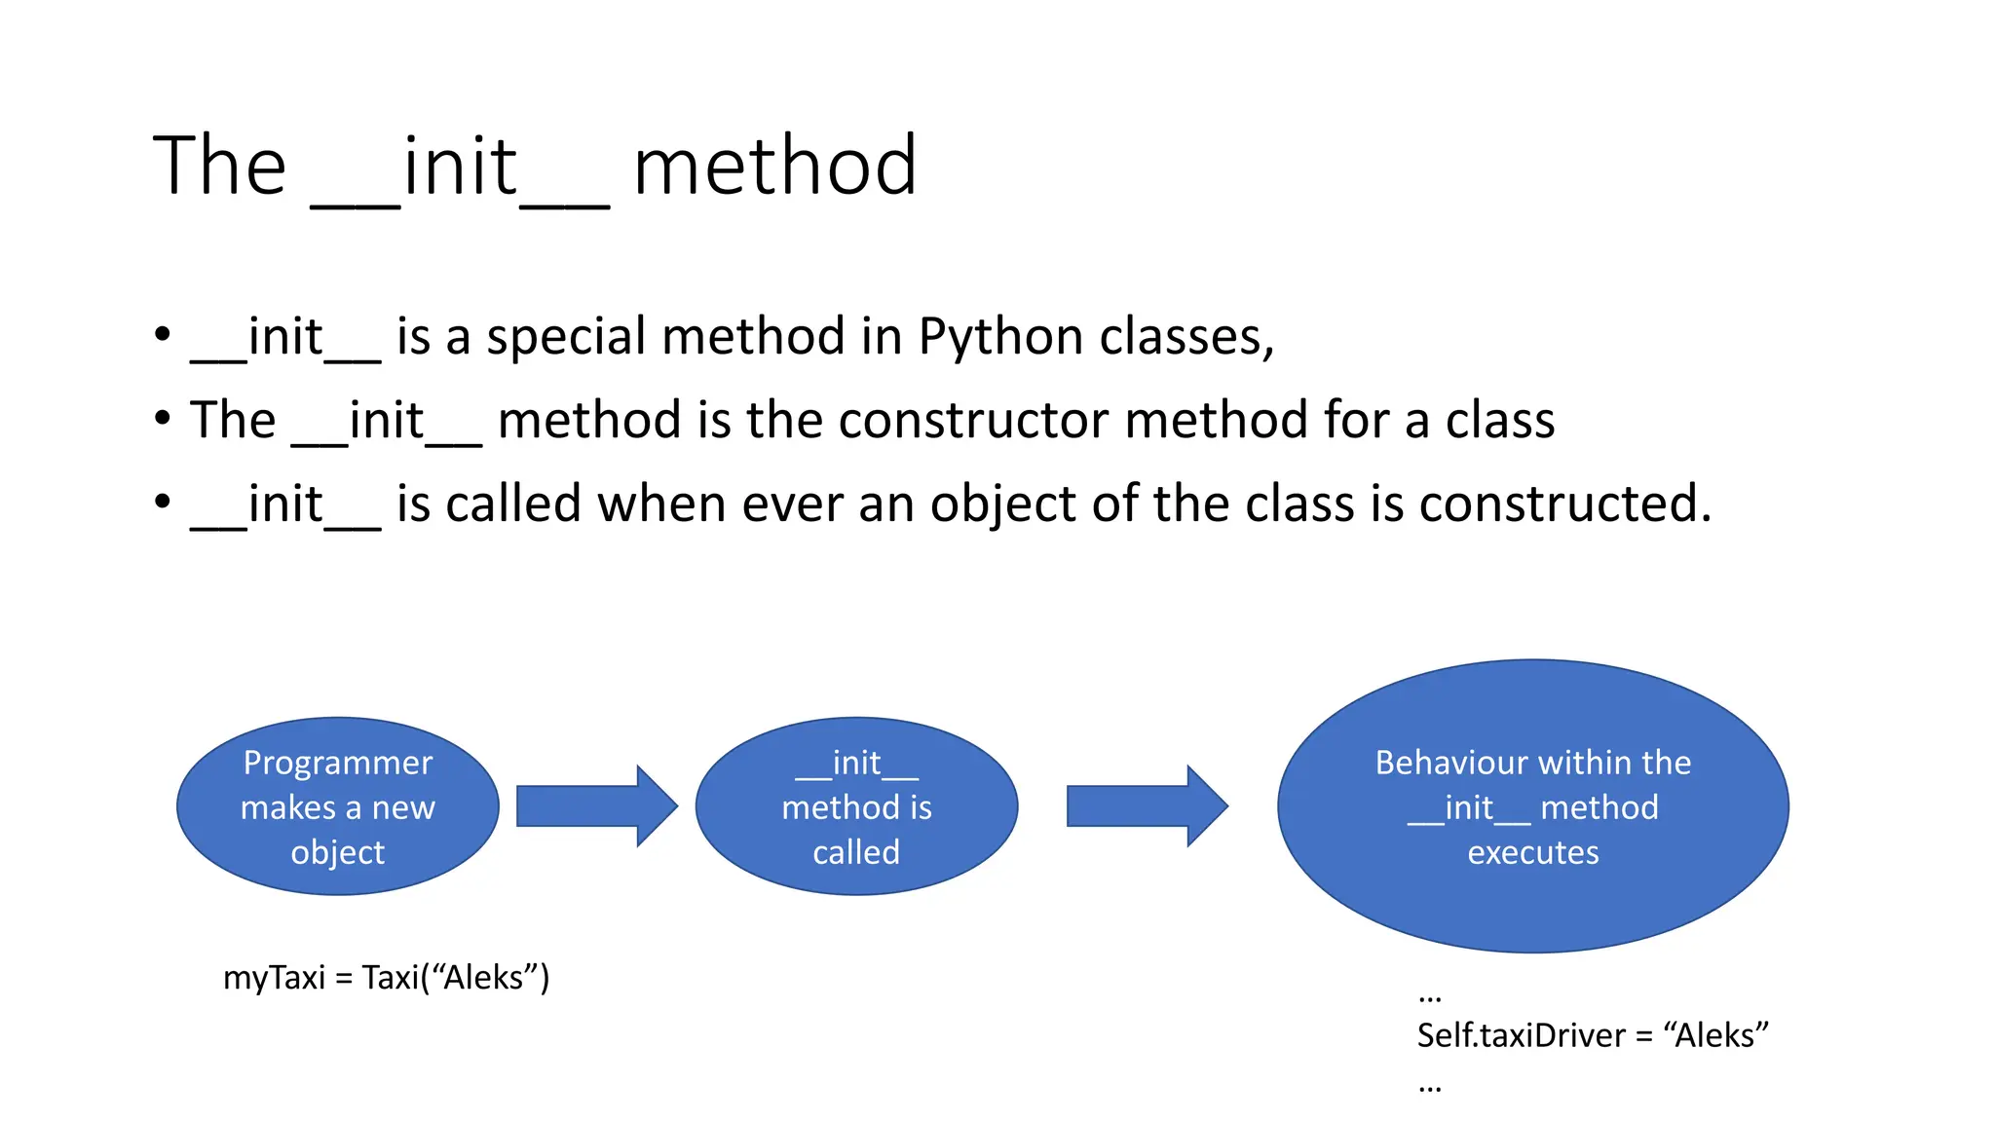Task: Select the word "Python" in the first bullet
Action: [1000, 337]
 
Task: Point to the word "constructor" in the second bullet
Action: [973, 421]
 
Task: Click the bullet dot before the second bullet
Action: [163, 420]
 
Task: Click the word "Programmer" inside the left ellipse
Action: [338, 763]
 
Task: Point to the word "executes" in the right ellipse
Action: [1532, 852]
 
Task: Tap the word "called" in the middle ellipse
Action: [856, 852]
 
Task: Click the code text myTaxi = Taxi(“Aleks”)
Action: [386, 977]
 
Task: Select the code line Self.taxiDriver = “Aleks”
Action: [1592, 1035]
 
